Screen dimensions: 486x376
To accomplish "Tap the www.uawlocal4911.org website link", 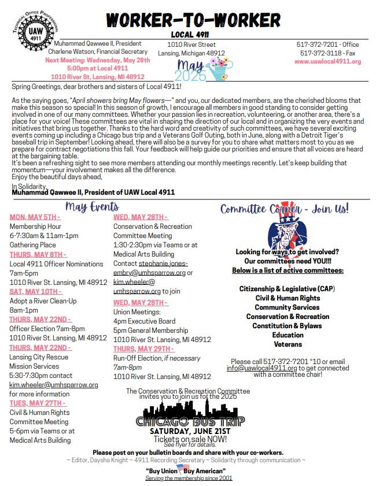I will click(329, 62).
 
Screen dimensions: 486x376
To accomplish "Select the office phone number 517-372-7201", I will click(319, 44).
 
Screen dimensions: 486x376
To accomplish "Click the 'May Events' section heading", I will click(92, 207).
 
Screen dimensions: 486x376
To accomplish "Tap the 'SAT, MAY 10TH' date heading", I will click(35, 292).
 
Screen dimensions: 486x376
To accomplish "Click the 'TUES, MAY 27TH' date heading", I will click(38, 403).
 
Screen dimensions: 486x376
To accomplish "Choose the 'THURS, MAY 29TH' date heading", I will click(143, 349).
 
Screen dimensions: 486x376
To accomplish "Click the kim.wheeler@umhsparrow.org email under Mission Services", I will click(54, 385).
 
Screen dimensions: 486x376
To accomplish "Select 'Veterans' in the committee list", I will click(287, 344).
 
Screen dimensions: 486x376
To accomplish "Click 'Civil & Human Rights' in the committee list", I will click(287, 298).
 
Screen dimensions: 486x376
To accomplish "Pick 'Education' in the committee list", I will click(287, 335).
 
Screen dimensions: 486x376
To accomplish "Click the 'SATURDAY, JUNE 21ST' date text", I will click(190, 432).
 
